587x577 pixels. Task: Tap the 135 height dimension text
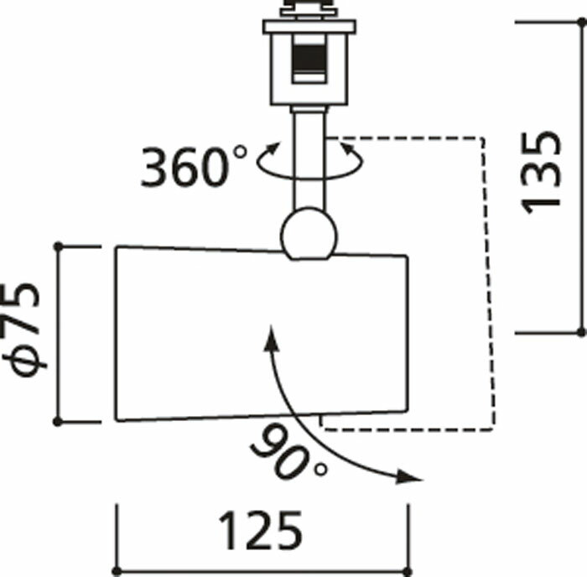541,173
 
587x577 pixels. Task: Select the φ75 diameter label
23,330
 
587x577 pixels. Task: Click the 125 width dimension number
261,531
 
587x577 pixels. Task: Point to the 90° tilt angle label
288,453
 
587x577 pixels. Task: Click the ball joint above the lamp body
309,234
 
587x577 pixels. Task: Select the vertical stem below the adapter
309,159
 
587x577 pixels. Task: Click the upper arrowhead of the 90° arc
271,338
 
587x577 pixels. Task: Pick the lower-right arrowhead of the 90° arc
409,477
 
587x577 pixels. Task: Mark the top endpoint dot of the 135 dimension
582,23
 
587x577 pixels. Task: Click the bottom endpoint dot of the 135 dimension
581,332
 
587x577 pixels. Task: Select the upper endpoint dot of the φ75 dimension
59,247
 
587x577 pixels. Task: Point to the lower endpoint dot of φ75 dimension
58,422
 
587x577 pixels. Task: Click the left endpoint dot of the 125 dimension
117,572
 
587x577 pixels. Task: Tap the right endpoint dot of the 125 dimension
408,572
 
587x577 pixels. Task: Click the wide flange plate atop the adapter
309,27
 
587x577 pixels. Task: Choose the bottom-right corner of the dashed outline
494,430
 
